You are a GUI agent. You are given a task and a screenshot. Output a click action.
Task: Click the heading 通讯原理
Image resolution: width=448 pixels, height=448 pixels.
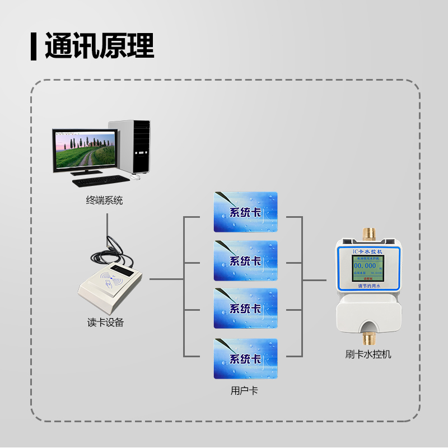click(x=99, y=46)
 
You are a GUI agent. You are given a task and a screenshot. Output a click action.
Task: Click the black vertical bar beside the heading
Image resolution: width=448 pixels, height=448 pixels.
click(x=34, y=46)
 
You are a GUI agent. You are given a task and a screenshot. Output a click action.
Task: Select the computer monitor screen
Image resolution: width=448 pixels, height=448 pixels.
click(x=86, y=150)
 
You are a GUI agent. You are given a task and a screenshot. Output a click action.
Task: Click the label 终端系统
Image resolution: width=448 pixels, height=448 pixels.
click(x=105, y=200)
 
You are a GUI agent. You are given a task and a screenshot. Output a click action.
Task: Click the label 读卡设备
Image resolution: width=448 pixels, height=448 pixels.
click(x=105, y=323)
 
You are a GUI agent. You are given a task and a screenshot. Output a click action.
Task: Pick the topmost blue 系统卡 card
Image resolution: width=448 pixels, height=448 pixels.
click(x=245, y=212)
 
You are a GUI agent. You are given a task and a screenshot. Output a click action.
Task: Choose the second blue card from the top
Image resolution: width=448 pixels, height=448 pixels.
click(x=245, y=260)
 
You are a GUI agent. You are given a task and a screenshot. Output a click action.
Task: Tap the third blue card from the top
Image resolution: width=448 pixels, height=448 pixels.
click(x=245, y=309)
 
